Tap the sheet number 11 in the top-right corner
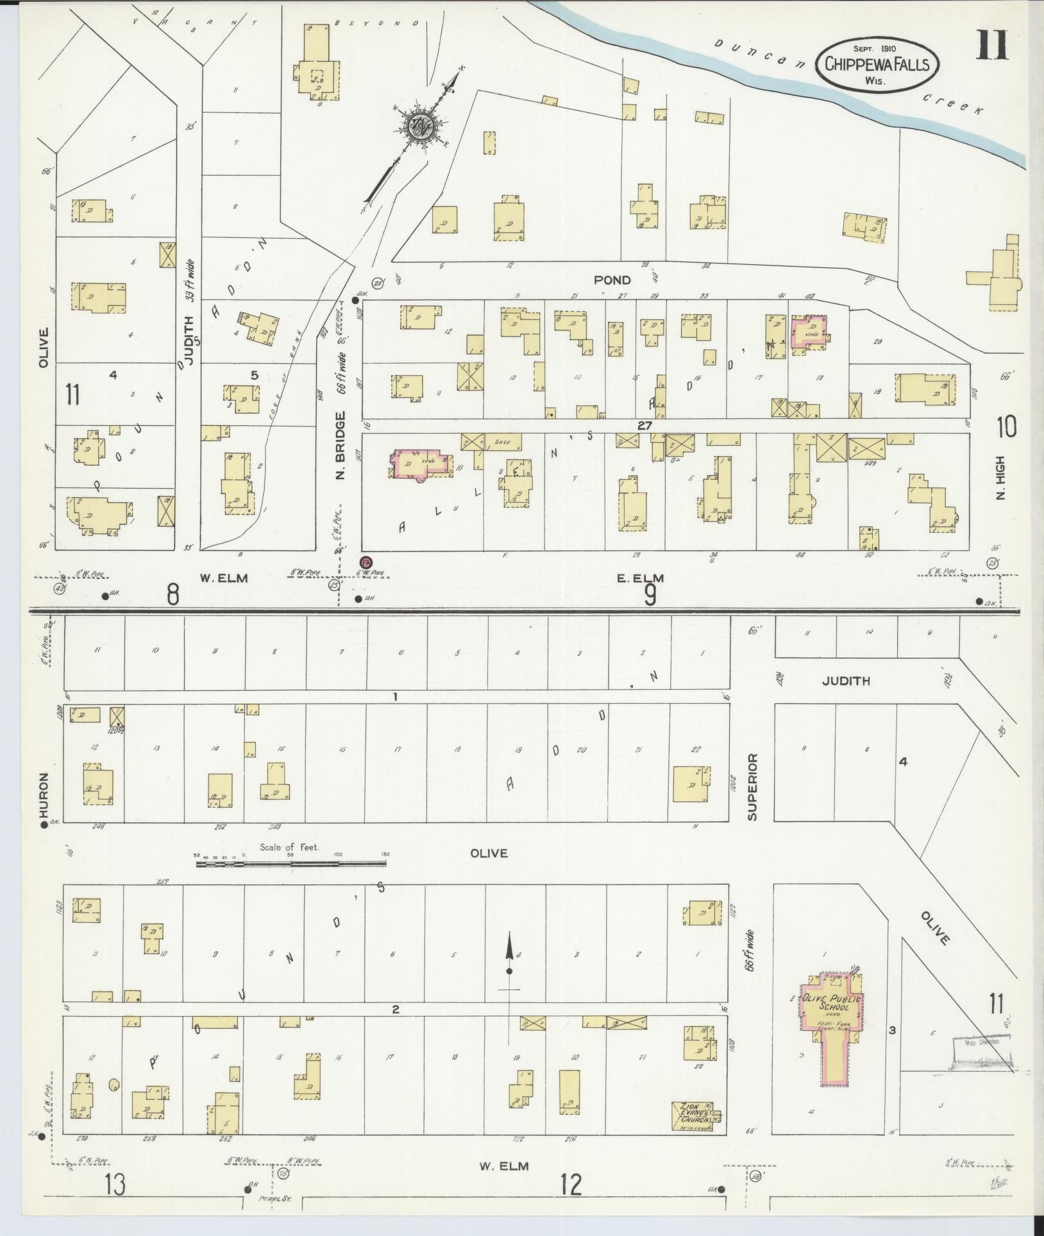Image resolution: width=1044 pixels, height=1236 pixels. [993, 45]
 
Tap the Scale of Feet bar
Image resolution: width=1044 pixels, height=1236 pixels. [292, 865]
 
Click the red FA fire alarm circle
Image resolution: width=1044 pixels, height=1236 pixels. [366, 561]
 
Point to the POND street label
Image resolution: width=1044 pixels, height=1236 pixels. [612, 280]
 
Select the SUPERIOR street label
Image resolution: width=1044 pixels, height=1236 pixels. [752, 787]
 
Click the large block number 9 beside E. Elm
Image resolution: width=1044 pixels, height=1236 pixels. [650, 596]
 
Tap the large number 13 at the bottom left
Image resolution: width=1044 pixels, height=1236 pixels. [115, 1185]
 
